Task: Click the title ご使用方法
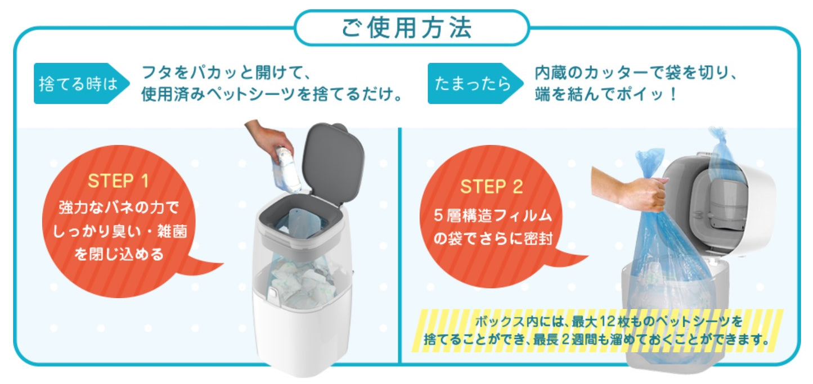[407, 28]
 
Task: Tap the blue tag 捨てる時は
[78, 84]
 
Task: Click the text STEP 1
[118, 182]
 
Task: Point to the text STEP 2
[492, 186]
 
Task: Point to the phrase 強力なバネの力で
[118, 208]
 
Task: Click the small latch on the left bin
[272, 293]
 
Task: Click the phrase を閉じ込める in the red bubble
[119, 255]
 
